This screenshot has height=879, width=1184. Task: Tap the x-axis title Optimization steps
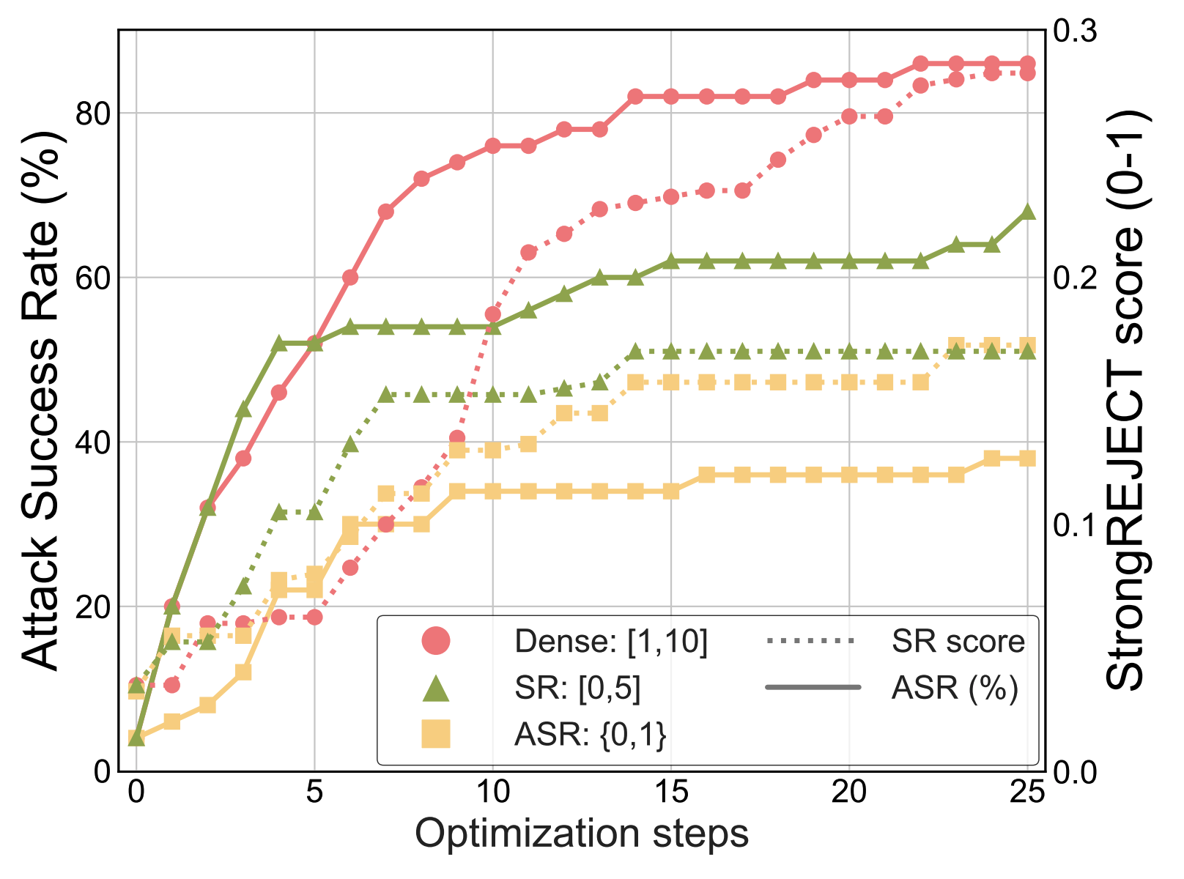coord(582,834)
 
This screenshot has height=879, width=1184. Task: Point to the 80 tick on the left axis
coord(93,114)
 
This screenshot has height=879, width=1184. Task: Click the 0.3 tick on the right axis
coord(1076,31)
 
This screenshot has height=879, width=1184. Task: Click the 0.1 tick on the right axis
coord(1076,525)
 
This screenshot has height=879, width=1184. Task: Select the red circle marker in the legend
coord(436,642)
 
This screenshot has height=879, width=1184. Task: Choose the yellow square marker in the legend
coord(436,733)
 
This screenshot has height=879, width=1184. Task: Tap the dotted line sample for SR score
coord(811,642)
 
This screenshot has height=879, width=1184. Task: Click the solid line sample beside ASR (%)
coord(811,687)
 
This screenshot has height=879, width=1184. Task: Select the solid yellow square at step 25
coord(1027,459)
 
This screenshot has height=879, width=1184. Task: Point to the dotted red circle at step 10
coord(492,314)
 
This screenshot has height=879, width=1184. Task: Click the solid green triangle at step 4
coord(279,343)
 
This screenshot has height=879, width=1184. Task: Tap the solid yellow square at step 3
coord(243,672)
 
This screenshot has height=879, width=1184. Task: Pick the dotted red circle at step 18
coord(778,160)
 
